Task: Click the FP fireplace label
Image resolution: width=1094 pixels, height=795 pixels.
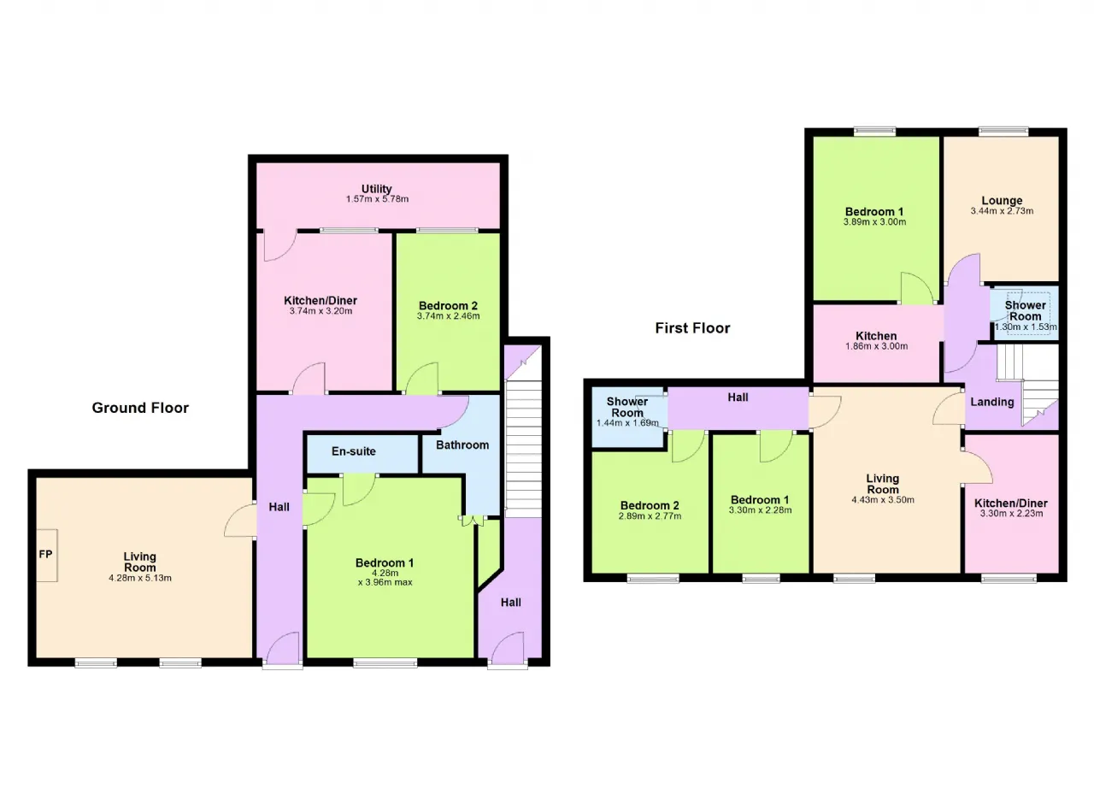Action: (x=45, y=554)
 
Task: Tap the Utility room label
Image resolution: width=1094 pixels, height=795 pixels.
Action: (x=377, y=189)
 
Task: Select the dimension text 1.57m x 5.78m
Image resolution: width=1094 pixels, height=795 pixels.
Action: (x=377, y=199)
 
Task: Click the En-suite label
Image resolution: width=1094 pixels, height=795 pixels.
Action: (x=354, y=451)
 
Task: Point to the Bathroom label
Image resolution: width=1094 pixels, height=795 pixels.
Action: (x=462, y=445)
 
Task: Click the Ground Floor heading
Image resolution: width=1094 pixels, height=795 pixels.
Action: (x=140, y=408)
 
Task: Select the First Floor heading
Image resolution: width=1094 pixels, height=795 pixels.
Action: (x=692, y=328)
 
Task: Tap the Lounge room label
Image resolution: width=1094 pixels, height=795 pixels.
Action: (x=1002, y=200)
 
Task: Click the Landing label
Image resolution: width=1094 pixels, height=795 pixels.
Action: (x=992, y=402)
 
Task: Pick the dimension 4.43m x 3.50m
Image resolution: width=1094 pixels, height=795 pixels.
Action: (x=883, y=500)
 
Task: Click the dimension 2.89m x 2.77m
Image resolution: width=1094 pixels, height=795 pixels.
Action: (x=650, y=516)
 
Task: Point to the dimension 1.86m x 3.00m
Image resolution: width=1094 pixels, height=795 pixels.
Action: (x=876, y=347)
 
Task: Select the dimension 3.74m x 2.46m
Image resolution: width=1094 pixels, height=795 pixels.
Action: (x=448, y=316)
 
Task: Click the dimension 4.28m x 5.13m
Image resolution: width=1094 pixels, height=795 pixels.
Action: (x=139, y=578)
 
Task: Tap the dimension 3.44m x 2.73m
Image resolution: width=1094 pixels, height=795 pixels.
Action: (x=1002, y=211)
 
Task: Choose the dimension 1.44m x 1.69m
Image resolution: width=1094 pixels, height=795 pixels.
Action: (x=627, y=423)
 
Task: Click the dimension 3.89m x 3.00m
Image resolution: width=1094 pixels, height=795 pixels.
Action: (x=874, y=222)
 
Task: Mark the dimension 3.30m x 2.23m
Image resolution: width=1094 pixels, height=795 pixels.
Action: (x=1011, y=514)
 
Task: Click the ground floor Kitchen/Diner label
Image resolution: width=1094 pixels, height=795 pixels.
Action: (x=321, y=300)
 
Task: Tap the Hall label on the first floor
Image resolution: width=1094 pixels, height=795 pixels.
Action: (x=738, y=397)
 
